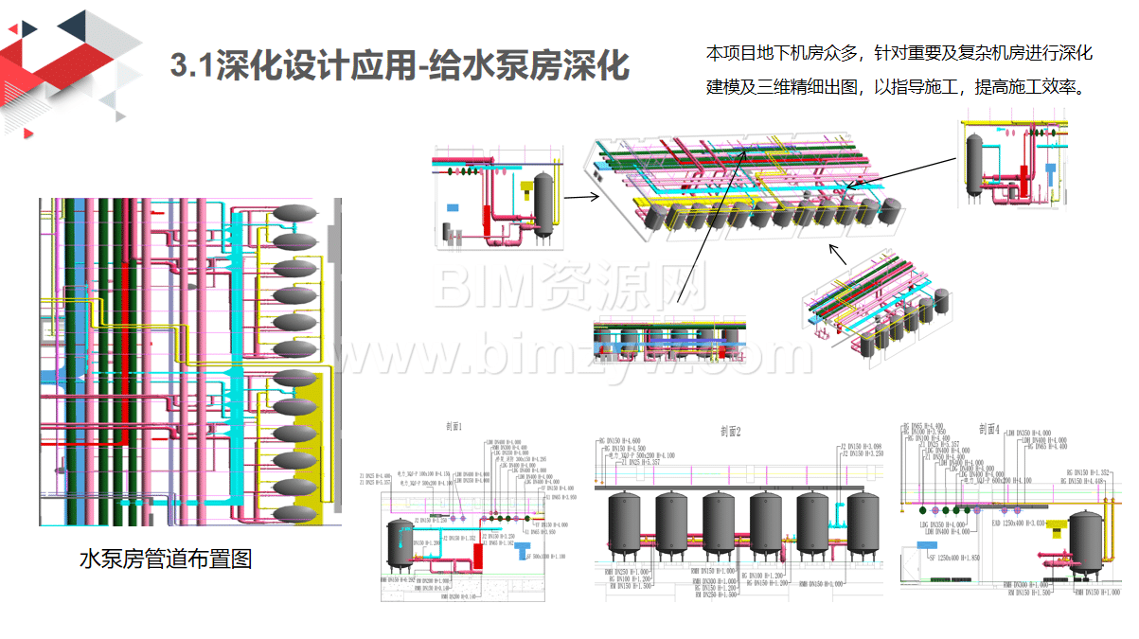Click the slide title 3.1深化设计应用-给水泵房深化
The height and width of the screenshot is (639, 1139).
pos(400,67)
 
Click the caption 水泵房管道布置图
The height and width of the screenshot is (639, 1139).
pos(166,559)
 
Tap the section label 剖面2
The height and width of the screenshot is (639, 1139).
pos(730,432)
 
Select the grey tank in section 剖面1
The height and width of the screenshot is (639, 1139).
pos(400,543)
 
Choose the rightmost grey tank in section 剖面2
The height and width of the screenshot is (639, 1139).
pos(863,524)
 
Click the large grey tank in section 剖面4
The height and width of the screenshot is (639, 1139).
pos(1085,542)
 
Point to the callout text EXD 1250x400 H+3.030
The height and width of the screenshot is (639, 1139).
pos(1018,523)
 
